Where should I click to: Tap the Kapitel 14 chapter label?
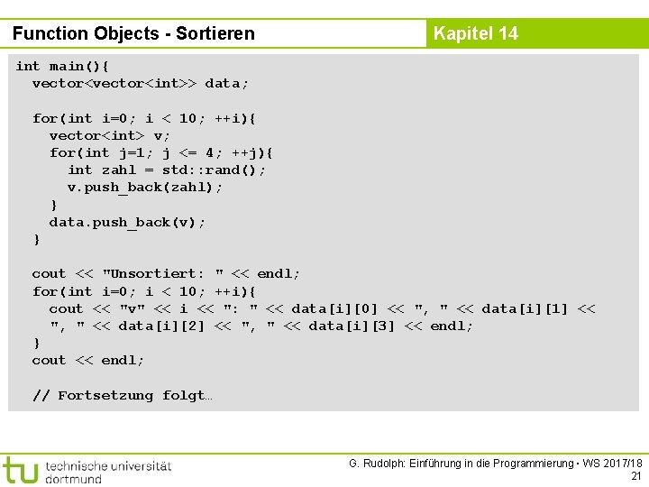(x=475, y=34)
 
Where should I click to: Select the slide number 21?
(x=635, y=475)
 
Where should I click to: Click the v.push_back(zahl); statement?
(x=145, y=187)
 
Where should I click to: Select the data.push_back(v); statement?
(x=128, y=222)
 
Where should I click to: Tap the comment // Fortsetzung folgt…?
(x=122, y=395)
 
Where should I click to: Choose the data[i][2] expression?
(x=162, y=326)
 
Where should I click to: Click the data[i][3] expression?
(x=352, y=326)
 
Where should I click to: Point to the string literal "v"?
(x=133, y=308)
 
